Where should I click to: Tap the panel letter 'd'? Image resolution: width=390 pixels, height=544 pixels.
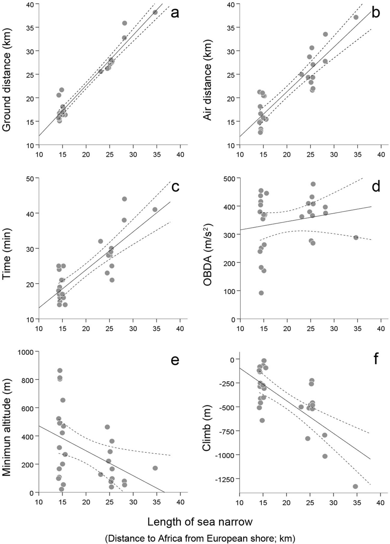376,187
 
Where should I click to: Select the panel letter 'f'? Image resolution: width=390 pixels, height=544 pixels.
376,360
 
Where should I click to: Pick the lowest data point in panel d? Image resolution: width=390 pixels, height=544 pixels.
261,293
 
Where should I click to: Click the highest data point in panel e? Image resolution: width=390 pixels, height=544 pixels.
60,370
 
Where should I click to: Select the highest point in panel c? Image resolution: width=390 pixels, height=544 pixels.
124,199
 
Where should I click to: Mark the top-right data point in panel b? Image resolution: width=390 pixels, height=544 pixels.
356,17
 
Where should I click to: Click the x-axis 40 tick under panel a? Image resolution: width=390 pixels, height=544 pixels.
180,155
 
